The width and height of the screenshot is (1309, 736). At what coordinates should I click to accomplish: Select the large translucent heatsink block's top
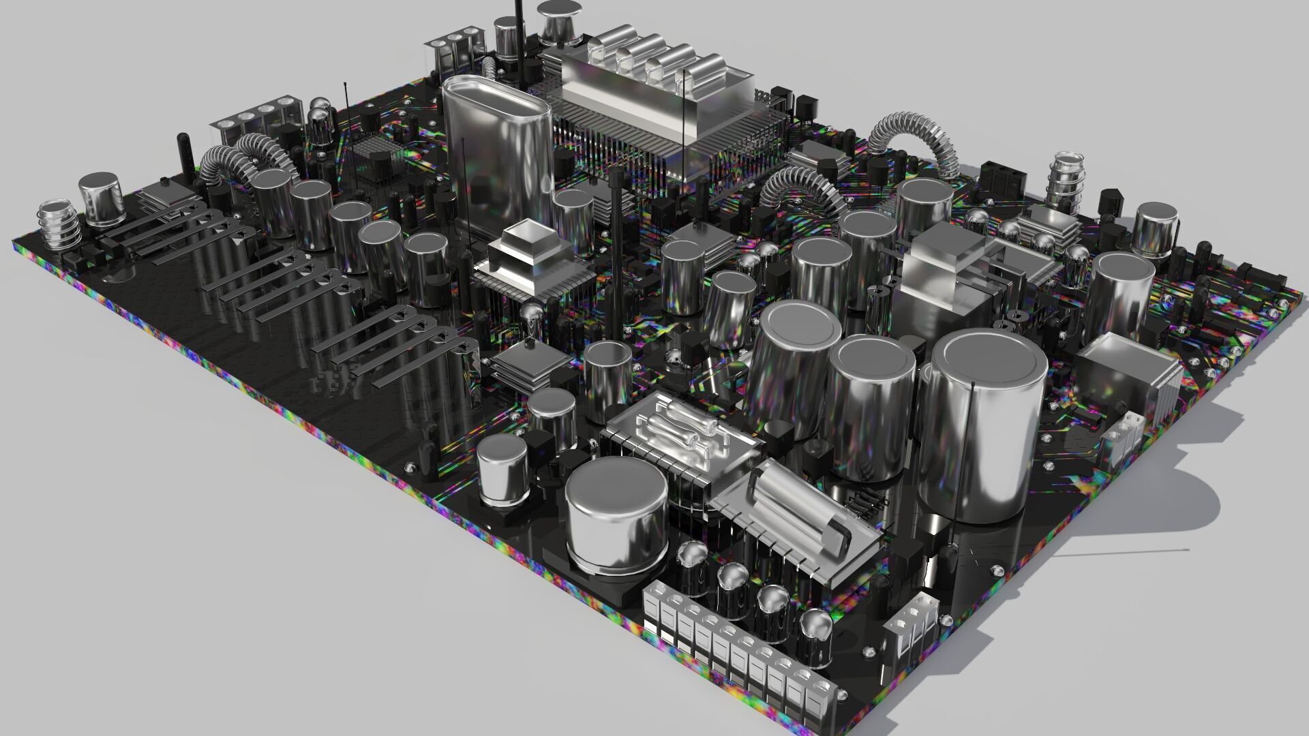tap(654, 82)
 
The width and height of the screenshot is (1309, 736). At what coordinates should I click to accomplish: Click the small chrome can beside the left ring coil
tap(100, 198)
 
